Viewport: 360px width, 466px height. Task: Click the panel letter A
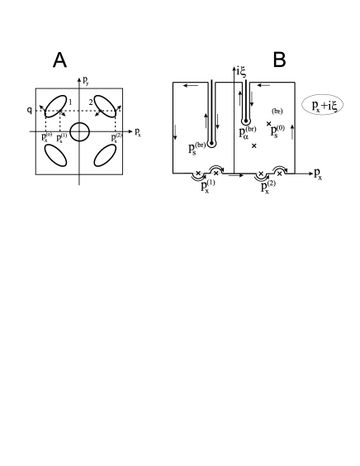(x=59, y=60)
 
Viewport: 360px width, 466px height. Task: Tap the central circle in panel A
(x=80, y=131)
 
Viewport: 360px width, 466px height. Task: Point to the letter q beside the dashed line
(x=28, y=108)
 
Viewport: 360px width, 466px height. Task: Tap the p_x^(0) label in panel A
(x=47, y=136)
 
